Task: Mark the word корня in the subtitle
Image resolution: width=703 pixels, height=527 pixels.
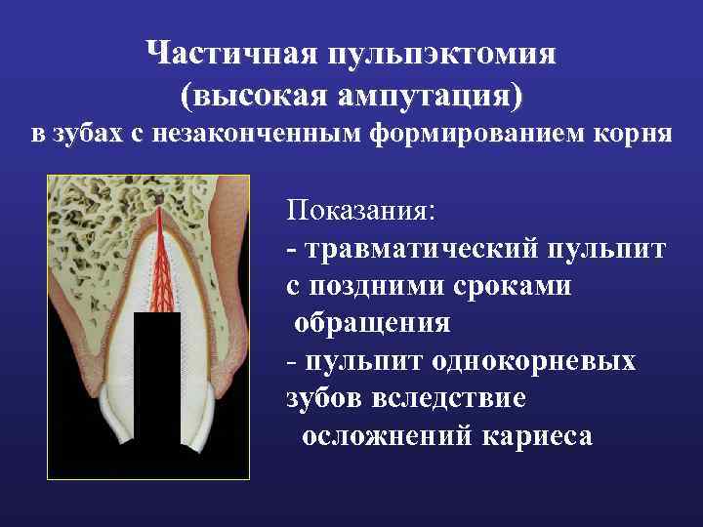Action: (x=634, y=135)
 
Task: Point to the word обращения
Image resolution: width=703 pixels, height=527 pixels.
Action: (x=371, y=323)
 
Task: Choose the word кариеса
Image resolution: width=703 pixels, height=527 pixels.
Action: (x=536, y=436)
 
